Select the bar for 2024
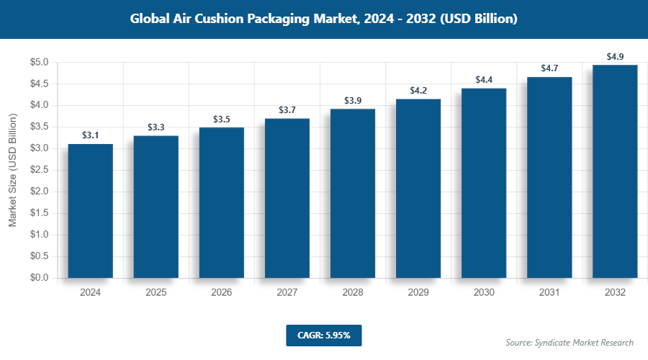[90, 211]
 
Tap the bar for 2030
[484, 183]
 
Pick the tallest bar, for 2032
[615, 171]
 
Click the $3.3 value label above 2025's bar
[156, 127]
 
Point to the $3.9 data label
[353, 101]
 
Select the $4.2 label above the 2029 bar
[418, 91]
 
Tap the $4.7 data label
[549, 69]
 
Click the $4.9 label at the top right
[615, 57]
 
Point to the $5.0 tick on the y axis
[37, 63]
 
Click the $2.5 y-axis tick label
[37, 170]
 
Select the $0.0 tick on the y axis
[37, 278]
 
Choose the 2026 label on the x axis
[222, 293]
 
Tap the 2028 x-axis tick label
[353, 293]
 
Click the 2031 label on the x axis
[549, 293]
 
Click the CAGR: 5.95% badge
[323, 335]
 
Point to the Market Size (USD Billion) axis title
[12, 170]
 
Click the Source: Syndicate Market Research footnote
[569, 343]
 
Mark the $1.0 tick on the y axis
[37, 235]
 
